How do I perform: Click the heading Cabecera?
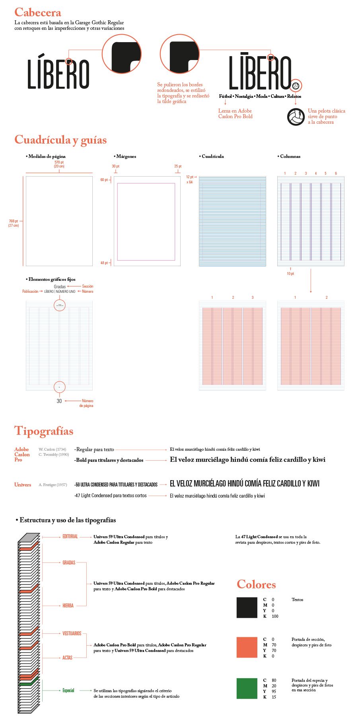(38, 12)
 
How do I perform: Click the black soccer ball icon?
(296, 117)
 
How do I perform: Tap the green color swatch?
(247, 689)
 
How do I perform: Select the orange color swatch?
(247, 647)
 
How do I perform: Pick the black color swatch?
(247, 607)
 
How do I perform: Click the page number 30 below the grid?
(59, 401)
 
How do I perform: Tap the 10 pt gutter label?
(290, 274)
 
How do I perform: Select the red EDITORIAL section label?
(70, 537)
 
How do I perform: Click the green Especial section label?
(68, 691)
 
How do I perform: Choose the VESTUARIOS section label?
(72, 633)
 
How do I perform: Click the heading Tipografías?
(44, 431)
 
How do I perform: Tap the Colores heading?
(256, 584)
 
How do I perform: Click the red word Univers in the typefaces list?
(23, 485)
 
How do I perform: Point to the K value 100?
(275, 616)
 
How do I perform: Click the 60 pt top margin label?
(104, 180)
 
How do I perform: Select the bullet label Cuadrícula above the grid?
(212, 156)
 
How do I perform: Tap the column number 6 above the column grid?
(336, 173)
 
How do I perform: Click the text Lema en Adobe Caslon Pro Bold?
(235, 114)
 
